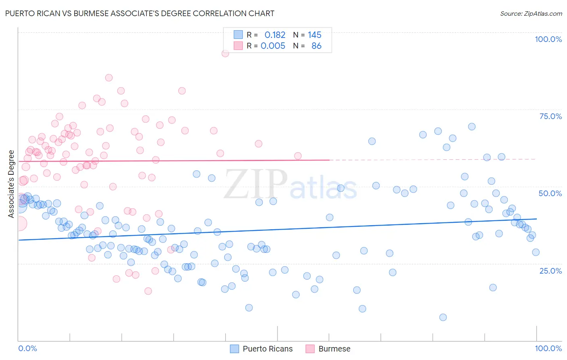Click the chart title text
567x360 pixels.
click(x=140, y=13)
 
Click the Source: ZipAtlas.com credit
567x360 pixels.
click(x=531, y=13)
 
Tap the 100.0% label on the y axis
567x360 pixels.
click(x=548, y=39)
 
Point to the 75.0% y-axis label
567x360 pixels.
click(x=550, y=116)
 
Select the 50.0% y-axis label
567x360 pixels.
click(x=550, y=193)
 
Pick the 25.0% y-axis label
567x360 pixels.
click(x=550, y=270)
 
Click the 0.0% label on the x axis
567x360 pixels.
click(x=27, y=348)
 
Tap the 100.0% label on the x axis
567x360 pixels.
click(x=548, y=348)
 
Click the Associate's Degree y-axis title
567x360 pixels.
click(x=11, y=184)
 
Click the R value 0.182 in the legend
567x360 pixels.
click(x=275, y=35)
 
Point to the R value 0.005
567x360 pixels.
click(x=273, y=46)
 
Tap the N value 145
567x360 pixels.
click(x=315, y=35)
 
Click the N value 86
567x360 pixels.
click(x=316, y=46)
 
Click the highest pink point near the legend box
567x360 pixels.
click(x=225, y=53)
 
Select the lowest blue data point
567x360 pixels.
click(x=443, y=317)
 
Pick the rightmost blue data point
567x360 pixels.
click(x=536, y=252)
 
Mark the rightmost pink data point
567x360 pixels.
click(x=298, y=156)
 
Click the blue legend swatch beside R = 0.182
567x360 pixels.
click(x=238, y=35)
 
